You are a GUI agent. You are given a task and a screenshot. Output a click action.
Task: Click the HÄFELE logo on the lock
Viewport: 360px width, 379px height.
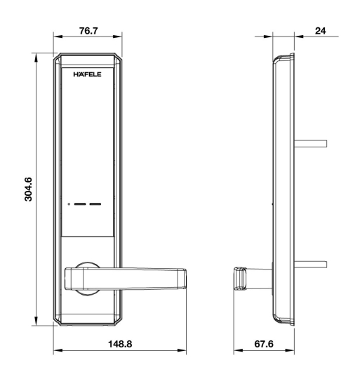86,74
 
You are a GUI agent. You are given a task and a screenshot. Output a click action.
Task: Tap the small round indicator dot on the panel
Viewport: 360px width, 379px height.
69,206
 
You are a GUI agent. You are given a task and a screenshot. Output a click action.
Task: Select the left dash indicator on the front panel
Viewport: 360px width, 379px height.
79,206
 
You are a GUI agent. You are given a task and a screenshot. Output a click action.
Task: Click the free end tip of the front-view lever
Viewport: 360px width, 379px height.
184,279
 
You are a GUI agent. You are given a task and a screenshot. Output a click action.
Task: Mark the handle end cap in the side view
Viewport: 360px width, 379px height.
239,277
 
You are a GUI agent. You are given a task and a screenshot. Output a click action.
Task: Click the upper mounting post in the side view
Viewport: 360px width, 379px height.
312,143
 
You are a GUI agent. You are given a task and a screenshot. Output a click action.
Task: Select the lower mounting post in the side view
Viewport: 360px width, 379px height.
312,265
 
